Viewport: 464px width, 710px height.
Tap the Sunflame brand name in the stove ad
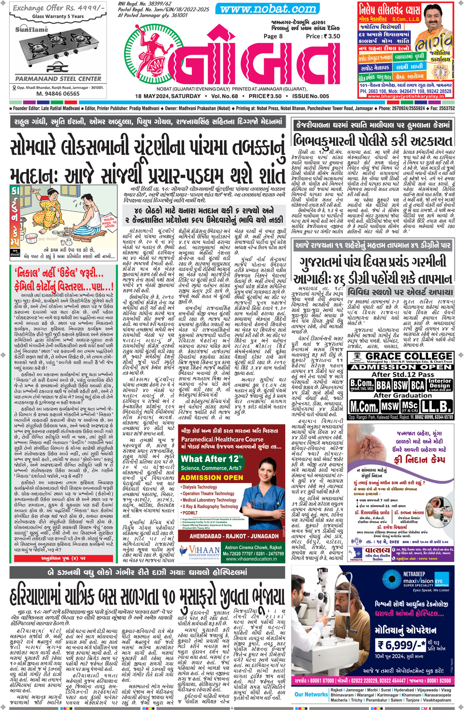tap(32, 29)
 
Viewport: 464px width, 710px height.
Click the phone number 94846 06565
tap(58, 94)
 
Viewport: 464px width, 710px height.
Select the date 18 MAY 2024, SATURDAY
tap(168, 96)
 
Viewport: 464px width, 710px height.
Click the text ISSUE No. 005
tap(311, 96)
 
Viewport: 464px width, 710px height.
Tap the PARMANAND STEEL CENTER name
tap(58, 79)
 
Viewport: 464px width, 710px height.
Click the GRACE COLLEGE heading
tap(409, 356)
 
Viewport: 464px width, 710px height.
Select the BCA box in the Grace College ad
tap(418, 385)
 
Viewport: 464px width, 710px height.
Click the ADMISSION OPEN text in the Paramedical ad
tap(212, 478)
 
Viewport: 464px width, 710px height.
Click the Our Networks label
tap(311, 694)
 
